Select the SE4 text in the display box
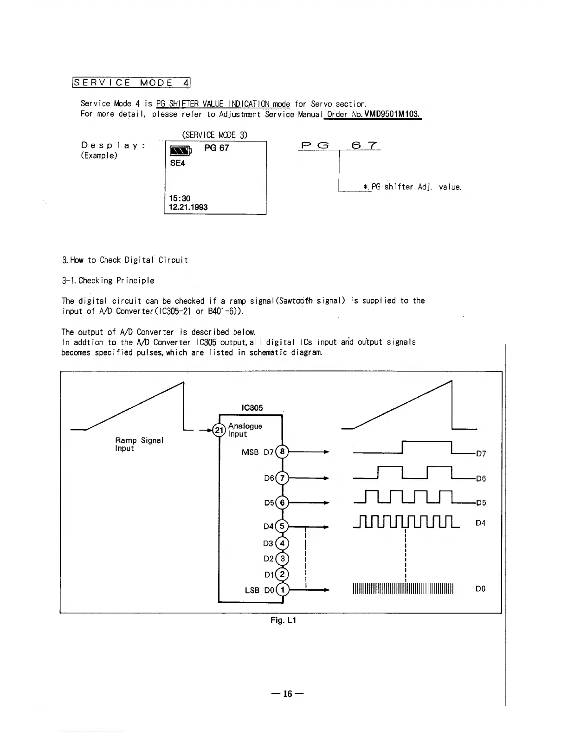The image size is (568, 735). tap(177, 163)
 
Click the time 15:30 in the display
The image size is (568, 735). tap(180, 198)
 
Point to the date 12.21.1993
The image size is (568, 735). tap(189, 207)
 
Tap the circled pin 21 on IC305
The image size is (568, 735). tap(218, 431)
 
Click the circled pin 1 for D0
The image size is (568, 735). tap(282, 590)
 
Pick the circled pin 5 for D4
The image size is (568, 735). tap(282, 526)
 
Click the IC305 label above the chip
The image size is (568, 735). tap(252, 408)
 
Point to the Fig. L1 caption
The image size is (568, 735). tap(283, 620)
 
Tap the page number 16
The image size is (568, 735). tap(288, 694)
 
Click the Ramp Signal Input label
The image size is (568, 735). tap(139, 444)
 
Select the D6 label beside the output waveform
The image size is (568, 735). tap(481, 479)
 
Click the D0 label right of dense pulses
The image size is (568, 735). tap(481, 589)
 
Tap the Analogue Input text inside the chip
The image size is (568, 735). tap(245, 430)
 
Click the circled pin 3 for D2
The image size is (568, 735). tap(282, 559)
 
